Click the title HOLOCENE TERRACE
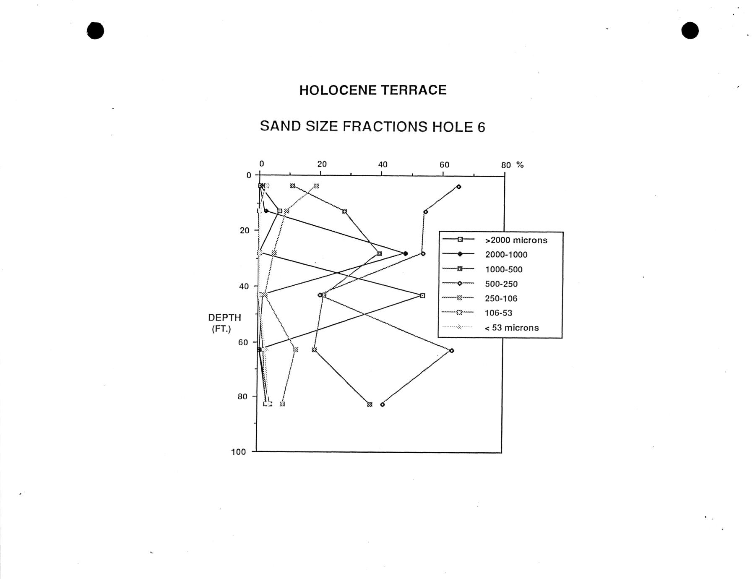[373, 90]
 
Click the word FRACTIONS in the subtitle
[385, 126]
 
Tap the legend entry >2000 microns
[516, 240]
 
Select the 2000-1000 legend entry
[506, 255]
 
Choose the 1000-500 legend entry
[504, 269]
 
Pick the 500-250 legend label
[501, 284]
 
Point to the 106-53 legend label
[498, 313]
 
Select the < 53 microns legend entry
[511, 328]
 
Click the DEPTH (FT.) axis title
[224, 323]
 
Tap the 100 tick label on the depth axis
[238, 452]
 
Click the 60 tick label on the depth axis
[243, 342]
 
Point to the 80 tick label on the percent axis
[506, 165]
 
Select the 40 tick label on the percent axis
[383, 164]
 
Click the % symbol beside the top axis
[520, 165]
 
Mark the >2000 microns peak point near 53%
[422, 296]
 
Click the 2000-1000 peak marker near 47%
[405, 254]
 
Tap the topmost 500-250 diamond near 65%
[458, 187]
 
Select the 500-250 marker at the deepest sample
[382, 404]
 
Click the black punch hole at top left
[96, 31]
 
